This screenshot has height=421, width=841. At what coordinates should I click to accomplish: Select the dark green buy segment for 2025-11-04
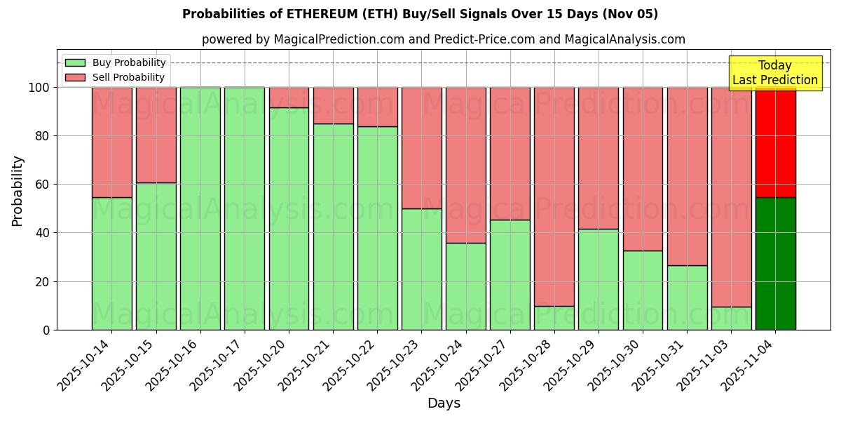click(x=775, y=263)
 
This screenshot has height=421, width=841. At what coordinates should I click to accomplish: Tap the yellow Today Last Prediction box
click(x=775, y=73)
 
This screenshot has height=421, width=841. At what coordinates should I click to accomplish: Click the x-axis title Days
click(x=444, y=403)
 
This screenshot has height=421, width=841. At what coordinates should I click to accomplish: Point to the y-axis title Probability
click(x=18, y=191)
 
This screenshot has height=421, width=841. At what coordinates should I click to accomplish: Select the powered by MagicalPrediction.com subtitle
click(x=444, y=39)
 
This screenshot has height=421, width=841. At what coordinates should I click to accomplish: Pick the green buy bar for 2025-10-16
click(x=200, y=208)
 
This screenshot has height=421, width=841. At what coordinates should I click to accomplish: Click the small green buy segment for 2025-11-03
click(x=731, y=318)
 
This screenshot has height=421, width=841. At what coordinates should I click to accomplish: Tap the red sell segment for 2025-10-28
click(x=554, y=196)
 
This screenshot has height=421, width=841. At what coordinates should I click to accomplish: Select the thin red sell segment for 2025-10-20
click(x=289, y=98)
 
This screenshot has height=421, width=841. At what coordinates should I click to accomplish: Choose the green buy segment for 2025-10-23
click(x=421, y=269)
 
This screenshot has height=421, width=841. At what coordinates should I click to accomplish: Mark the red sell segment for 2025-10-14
click(x=112, y=142)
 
